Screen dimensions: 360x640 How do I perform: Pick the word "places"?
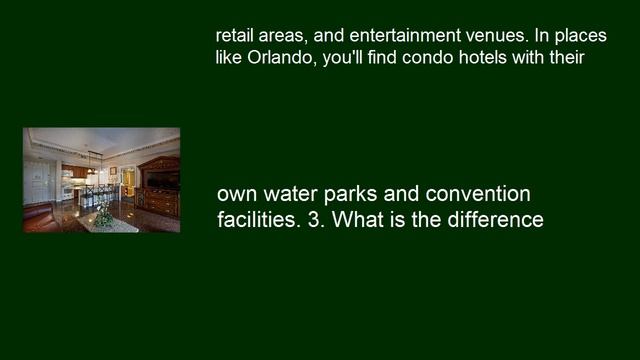click(x=579, y=34)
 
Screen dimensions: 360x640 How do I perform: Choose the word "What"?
click(x=358, y=220)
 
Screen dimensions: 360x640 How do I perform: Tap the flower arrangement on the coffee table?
click(x=103, y=212)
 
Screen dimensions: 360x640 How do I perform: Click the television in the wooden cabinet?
click(x=161, y=179)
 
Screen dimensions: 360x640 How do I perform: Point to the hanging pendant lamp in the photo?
click(x=92, y=163)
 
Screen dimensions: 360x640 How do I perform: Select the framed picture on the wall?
click(x=113, y=171)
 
